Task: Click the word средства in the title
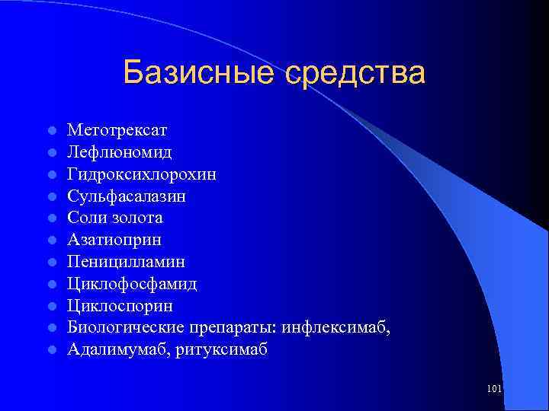click(355, 74)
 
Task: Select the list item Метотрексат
click(117, 131)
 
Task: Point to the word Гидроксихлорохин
click(142, 174)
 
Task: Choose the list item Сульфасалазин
click(127, 196)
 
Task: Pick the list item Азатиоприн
click(114, 240)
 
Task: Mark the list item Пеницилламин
click(126, 262)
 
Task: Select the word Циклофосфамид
click(132, 284)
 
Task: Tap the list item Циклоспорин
click(120, 306)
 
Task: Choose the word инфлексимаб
click(336, 328)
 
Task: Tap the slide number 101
click(493, 389)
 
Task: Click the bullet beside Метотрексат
click(50, 132)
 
